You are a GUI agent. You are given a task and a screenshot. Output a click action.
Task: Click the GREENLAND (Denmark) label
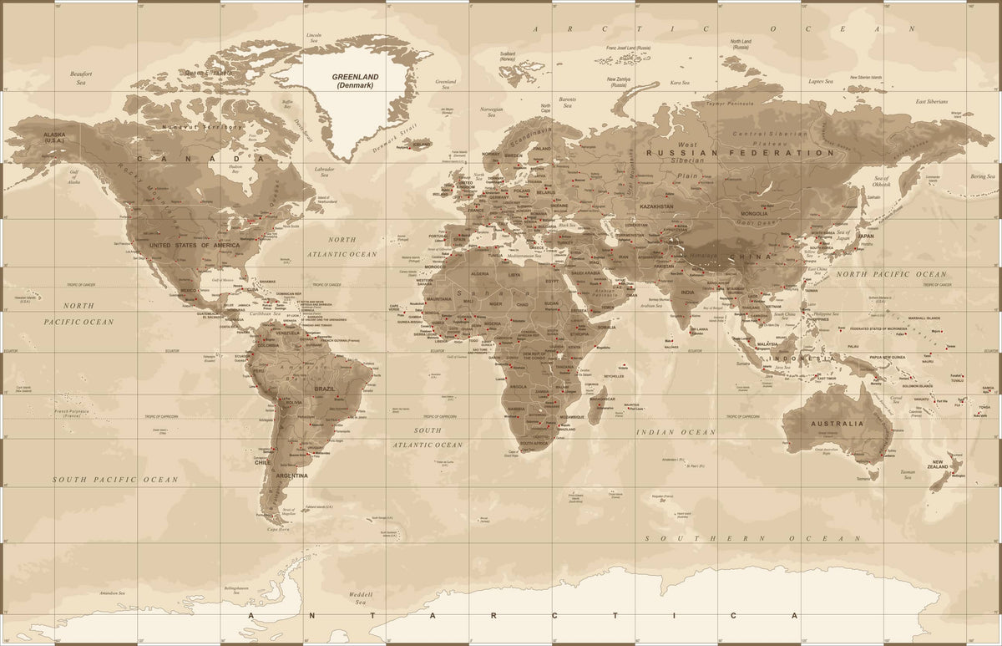click(356, 81)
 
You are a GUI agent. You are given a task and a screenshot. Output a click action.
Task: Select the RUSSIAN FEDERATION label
click(740, 154)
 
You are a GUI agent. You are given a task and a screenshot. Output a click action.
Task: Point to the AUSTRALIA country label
click(837, 424)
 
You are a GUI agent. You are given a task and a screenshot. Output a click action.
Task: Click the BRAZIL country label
click(324, 389)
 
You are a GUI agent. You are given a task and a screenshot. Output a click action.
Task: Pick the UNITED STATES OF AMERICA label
click(189, 244)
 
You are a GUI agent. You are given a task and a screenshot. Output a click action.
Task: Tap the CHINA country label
click(751, 257)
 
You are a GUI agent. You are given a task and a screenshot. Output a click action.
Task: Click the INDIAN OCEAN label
click(676, 432)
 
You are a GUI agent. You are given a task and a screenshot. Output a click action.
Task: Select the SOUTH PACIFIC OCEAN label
click(115, 480)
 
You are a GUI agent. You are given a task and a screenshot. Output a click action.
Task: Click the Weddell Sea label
click(360, 598)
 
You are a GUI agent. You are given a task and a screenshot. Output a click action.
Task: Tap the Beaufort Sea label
click(81, 78)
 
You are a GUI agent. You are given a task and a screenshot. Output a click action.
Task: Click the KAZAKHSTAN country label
click(656, 206)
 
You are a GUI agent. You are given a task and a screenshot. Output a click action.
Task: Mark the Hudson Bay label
click(235, 169)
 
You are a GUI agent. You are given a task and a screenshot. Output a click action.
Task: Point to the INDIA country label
click(687, 292)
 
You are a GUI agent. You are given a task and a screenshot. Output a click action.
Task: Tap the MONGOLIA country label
click(753, 213)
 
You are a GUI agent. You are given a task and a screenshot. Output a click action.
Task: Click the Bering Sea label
click(983, 176)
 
